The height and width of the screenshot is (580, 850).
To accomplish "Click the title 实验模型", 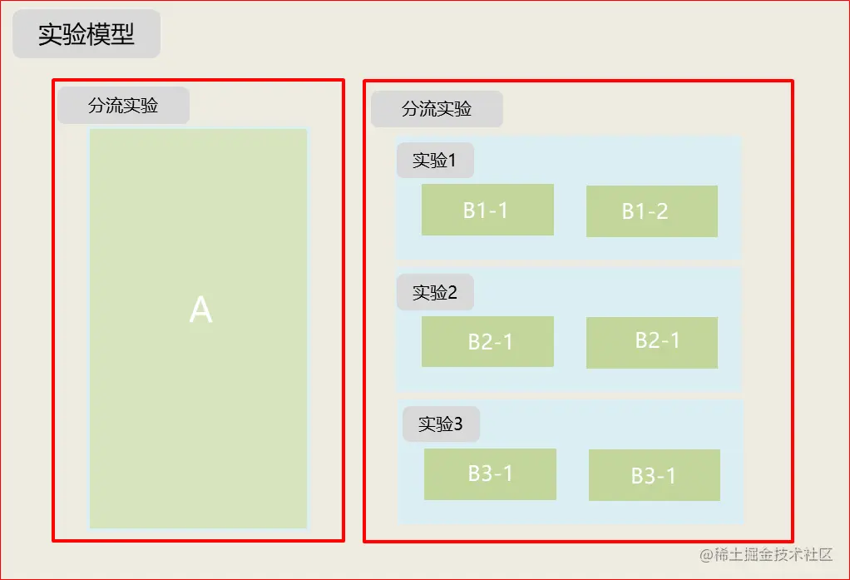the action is click(86, 35).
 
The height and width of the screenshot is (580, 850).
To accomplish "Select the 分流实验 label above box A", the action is click(123, 106).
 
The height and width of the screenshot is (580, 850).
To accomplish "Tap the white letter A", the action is click(200, 310).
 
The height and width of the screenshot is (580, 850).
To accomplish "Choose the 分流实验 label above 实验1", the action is click(437, 109).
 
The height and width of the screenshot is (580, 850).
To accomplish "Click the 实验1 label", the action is click(435, 161).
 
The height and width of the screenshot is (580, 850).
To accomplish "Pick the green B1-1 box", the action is click(487, 210).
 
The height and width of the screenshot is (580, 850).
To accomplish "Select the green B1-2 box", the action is click(651, 211).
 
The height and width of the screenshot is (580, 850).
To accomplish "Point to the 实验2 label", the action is click(435, 292).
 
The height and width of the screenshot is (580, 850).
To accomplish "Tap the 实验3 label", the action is click(441, 424).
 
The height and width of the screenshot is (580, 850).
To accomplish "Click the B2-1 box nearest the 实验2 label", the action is click(487, 341).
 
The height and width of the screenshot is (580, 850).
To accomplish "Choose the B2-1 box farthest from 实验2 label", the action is click(651, 342).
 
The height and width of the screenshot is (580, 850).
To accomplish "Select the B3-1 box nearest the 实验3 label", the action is click(490, 474).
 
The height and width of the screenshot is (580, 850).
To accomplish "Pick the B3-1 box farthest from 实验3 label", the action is click(654, 475).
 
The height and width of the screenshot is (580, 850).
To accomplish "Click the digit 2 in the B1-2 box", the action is click(662, 211).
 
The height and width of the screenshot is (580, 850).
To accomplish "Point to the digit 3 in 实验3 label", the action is click(457, 424).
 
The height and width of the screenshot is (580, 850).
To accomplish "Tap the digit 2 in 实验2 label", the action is click(452, 292).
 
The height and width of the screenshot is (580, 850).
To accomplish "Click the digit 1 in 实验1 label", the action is click(452, 161).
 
